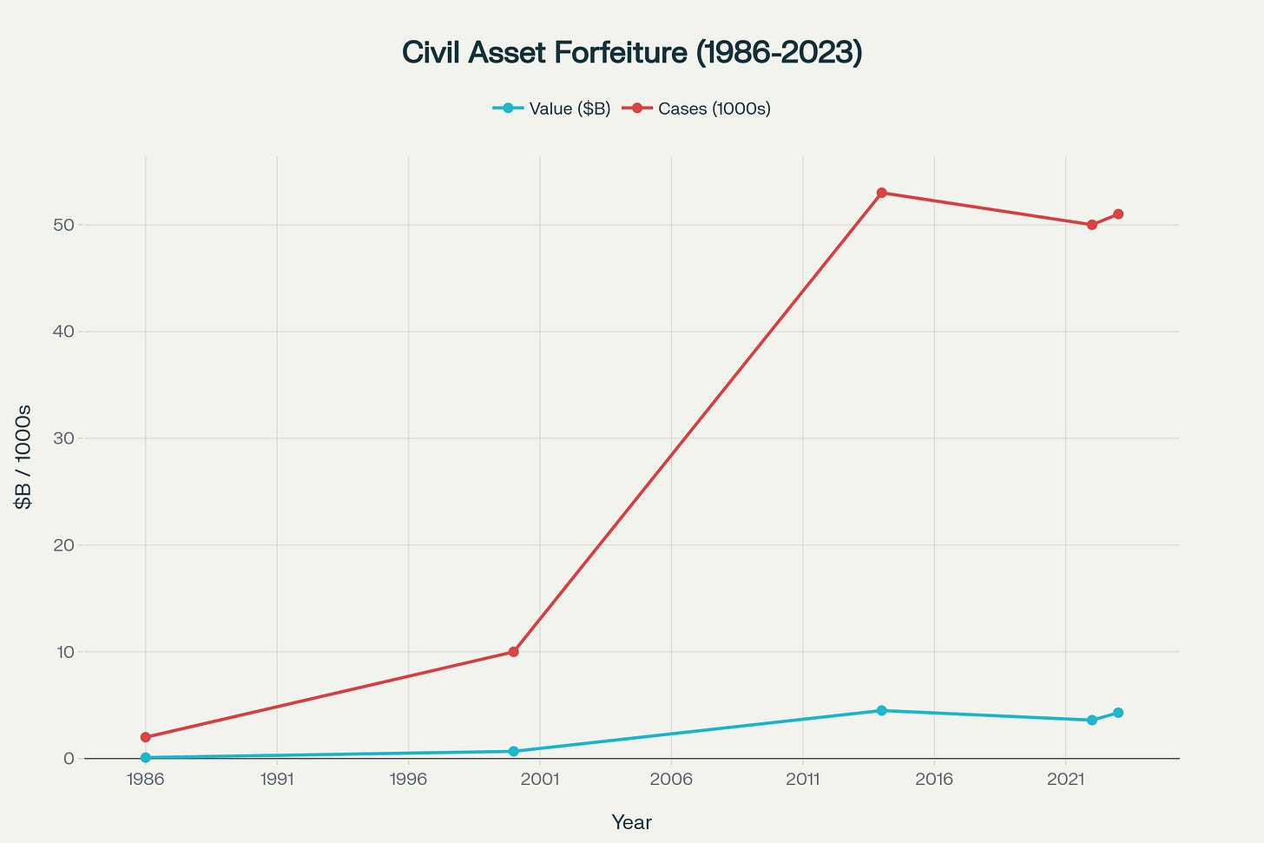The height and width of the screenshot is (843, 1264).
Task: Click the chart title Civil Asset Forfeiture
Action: tap(631, 53)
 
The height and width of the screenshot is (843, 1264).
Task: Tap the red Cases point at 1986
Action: tap(146, 737)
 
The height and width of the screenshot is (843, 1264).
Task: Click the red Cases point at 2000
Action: tap(514, 651)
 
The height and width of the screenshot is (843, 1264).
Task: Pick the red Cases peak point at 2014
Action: tap(881, 193)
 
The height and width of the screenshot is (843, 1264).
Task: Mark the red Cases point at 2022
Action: tap(1092, 225)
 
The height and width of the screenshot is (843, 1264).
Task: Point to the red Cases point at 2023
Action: tap(1118, 214)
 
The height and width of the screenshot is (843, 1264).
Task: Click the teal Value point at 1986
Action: tap(146, 757)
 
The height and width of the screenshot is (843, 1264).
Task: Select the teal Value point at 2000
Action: tap(514, 751)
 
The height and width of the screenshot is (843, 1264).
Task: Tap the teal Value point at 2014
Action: tap(881, 710)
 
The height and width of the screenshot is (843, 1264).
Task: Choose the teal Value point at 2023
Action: tap(1118, 713)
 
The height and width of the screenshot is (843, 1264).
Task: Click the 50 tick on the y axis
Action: tap(66, 225)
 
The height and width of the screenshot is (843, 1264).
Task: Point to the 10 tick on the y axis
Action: tap(66, 652)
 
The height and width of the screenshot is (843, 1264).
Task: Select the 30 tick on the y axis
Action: tap(66, 438)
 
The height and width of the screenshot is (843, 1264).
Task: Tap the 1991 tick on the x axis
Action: tap(277, 780)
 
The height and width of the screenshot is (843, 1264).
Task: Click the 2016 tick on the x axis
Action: tap(934, 780)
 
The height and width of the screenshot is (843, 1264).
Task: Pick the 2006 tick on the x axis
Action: tap(671, 780)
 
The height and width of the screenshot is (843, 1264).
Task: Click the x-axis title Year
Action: tap(631, 822)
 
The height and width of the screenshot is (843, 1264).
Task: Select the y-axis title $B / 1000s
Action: tap(23, 457)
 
